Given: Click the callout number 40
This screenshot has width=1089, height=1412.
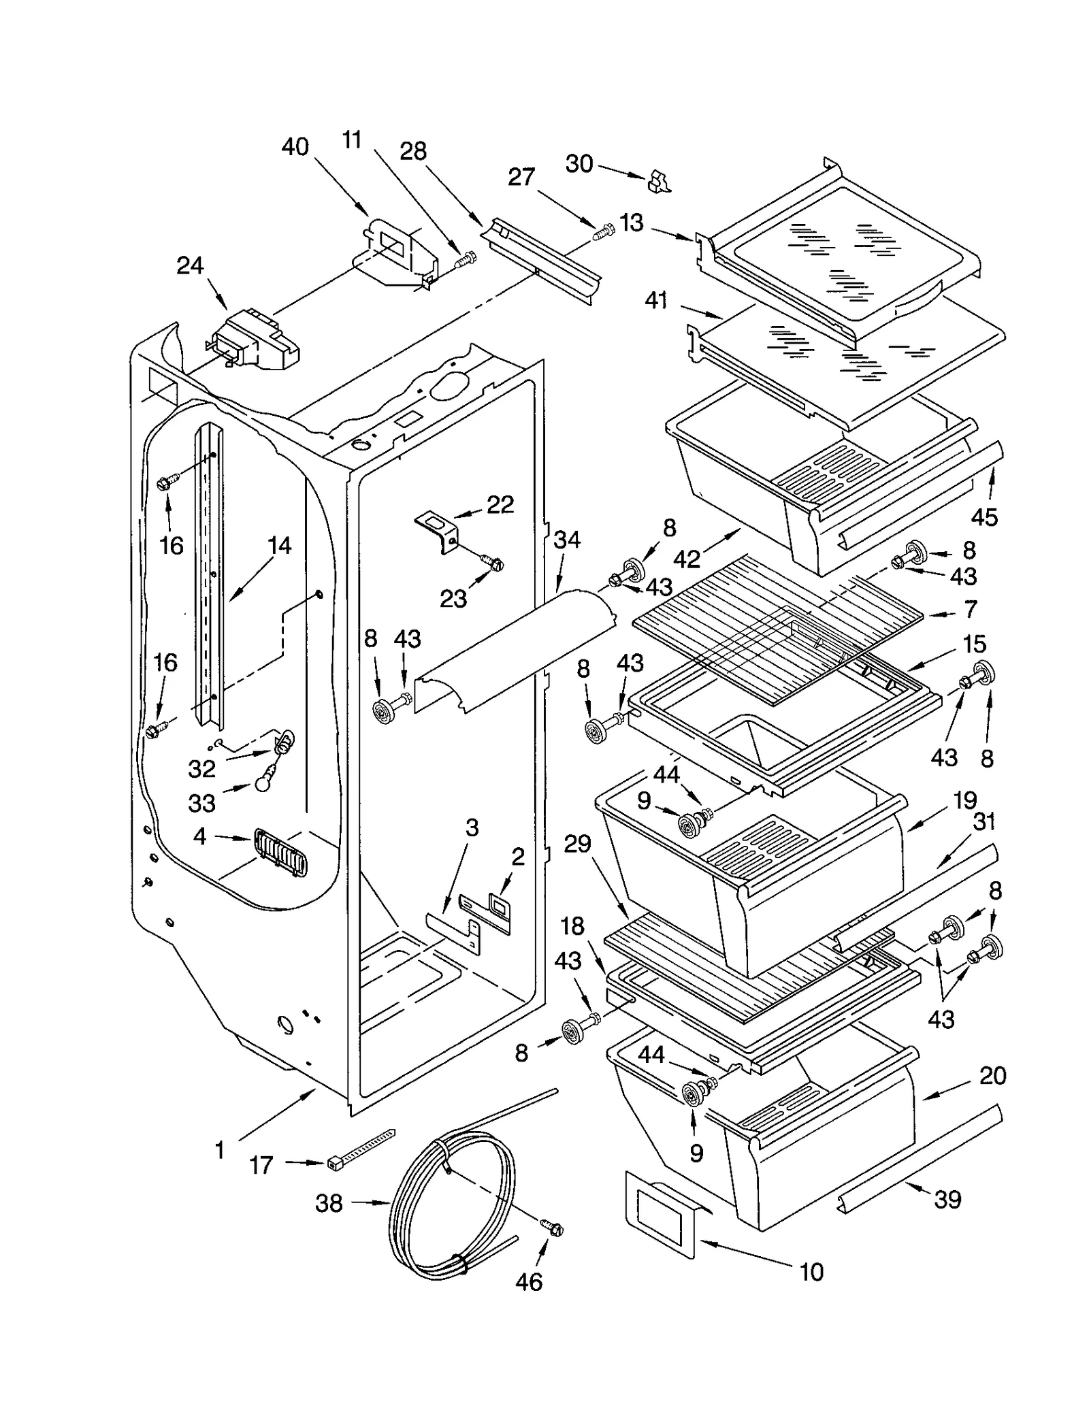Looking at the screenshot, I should pyautogui.click(x=295, y=146).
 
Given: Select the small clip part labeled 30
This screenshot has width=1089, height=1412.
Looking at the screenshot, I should pyautogui.click(x=657, y=181).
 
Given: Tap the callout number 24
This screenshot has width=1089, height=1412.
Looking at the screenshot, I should pyautogui.click(x=190, y=265).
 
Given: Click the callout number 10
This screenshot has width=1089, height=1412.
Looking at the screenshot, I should pyautogui.click(x=811, y=1272).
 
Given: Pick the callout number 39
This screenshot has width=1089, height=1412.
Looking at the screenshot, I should pyautogui.click(x=947, y=1199).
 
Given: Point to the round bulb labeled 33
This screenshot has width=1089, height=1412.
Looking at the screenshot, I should pyautogui.click(x=264, y=783).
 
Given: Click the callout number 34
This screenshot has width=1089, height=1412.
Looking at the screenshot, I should pyautogui.click(x=566, y=540).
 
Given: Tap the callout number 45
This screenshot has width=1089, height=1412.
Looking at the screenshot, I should pyautogui.click(x=984, y=516).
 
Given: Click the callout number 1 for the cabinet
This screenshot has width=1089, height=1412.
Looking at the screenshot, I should pyautogui.click(x=219, y=1150).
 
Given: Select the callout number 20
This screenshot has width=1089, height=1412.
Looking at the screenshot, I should pyautogui.click(x=992, y=1075).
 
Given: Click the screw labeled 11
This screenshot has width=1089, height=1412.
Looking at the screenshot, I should pyautogui.click(x=466, y=259).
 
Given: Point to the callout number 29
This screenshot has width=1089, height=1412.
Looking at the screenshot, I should pyautogui.click(x=577, y=844).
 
